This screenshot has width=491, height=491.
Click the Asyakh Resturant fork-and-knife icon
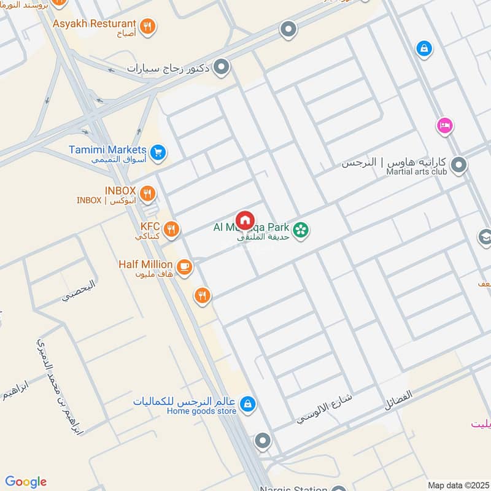pos(147,26)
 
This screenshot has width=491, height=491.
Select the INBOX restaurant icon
pos(147,195)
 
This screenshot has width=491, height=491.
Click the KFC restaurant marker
pos(172,230)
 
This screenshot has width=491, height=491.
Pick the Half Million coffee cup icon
pos(184,267)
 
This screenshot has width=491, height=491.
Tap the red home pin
pos(245,220)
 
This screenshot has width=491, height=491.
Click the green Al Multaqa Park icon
pos(300,230)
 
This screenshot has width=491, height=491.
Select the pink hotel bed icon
pos(445,126)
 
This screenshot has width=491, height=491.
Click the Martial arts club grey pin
pos(458,165)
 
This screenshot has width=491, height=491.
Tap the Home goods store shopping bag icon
pos(247,404)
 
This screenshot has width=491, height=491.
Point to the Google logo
pos(26,482)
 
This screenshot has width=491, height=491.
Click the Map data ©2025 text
pos(458,485)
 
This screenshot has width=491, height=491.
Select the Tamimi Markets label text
pos(109,150)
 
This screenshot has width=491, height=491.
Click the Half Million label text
pos(145,265)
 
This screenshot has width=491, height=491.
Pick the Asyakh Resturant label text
pos(102,24)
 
